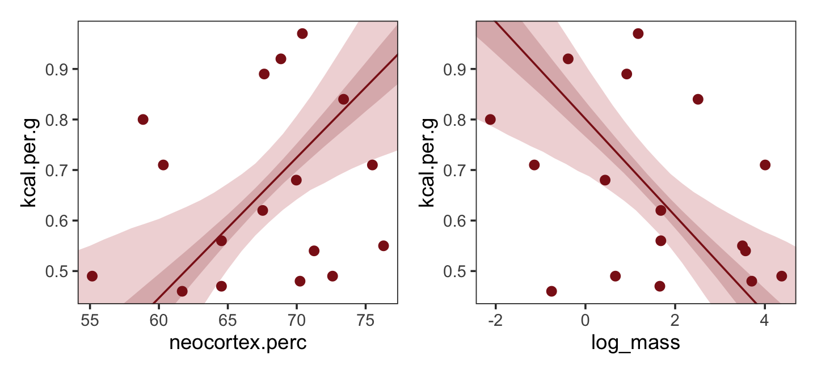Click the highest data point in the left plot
[x=302, y=33]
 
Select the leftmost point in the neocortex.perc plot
[x=92, y=276]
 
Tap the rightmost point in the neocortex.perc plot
[x=384, y=245]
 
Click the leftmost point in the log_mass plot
[x=490, y=119]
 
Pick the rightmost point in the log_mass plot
[x=781, y=276]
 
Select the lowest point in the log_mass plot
[x=551, y=291]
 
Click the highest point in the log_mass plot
[x=638, y=33]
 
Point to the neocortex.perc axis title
[x=238, y=343]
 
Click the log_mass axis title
[x=635, y=343]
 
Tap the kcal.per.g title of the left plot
[x=30, y=163]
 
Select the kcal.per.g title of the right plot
[x=428, y=163]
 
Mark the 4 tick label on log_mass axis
[x=764, y=320]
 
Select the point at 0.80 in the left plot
[x=142, y=119]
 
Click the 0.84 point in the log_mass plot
[x=697, y=99]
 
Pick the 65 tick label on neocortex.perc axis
[x=228, y=320]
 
